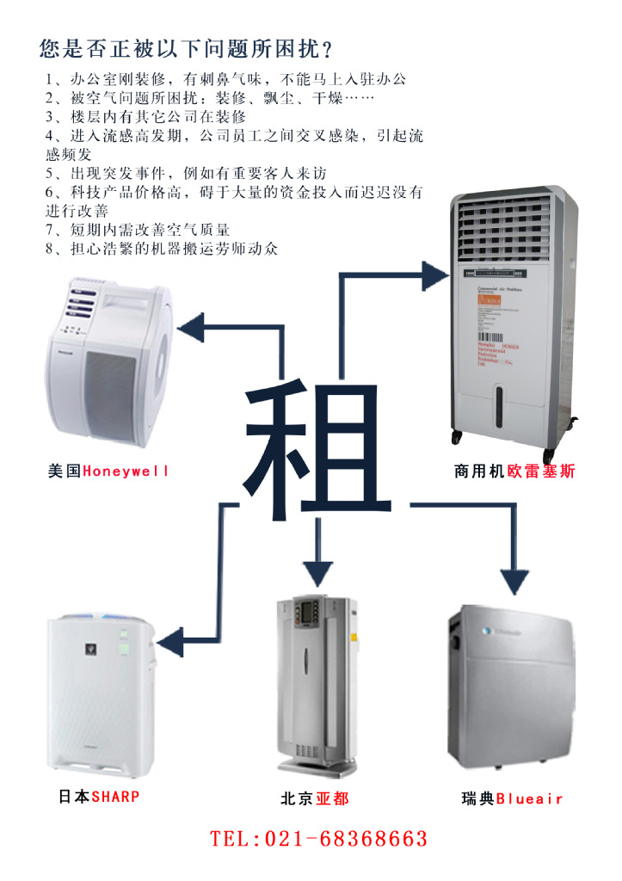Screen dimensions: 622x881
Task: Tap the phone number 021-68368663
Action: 319,838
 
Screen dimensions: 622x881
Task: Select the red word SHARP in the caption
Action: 115,797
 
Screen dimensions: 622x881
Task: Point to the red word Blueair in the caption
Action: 529,798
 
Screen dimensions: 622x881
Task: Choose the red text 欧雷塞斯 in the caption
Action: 541,471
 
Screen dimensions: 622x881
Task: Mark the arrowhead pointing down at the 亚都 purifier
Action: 317,570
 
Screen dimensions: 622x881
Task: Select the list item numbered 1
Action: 226,79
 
